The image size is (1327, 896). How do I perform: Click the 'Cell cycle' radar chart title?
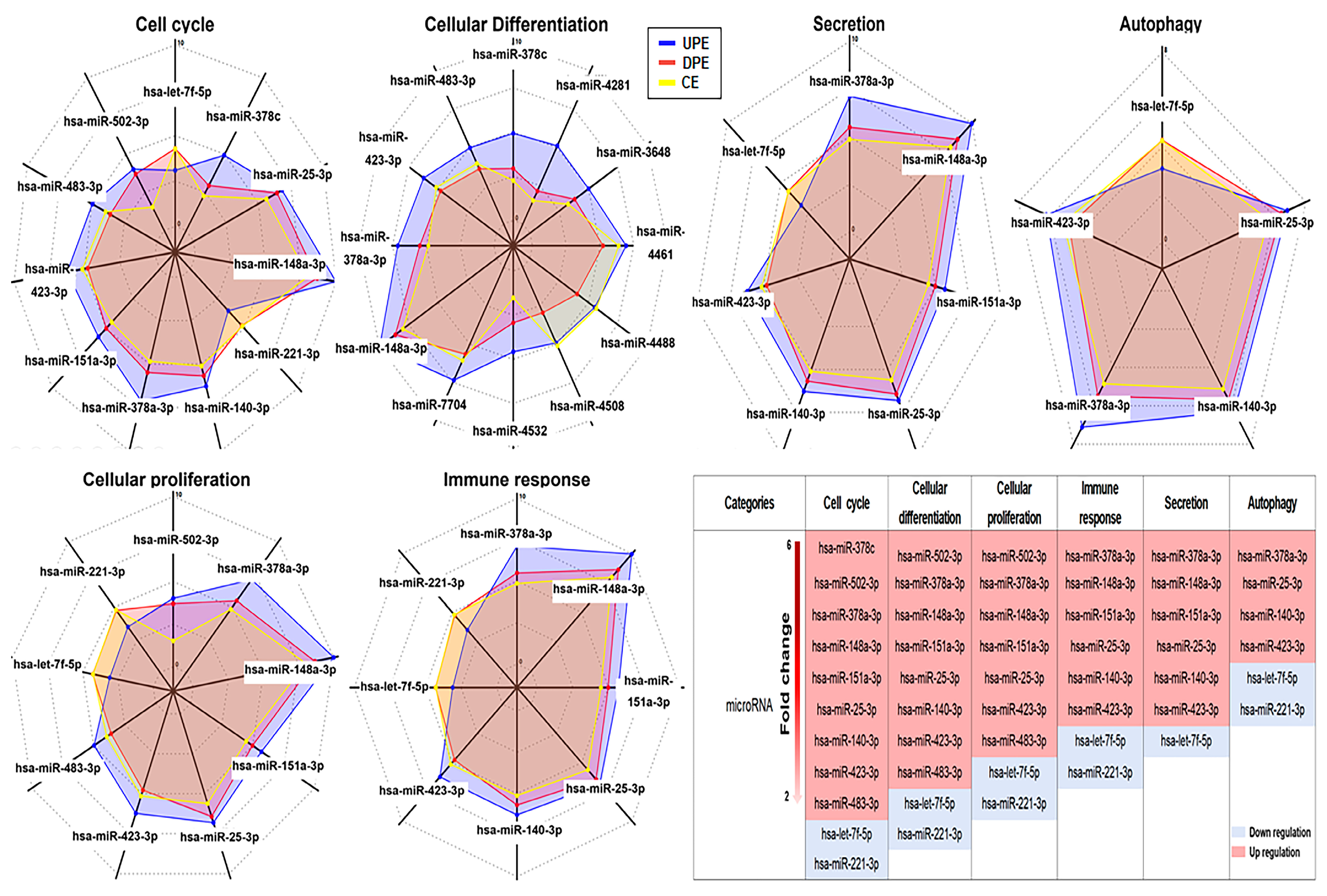tap(175, 24)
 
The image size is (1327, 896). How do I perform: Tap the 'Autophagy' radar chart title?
tap(1160, 24)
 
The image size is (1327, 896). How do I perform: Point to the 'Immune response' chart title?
tap(516, 480)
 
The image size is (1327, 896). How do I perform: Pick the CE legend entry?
tap(690, 82)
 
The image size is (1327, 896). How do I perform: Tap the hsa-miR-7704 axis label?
tap(429, 405)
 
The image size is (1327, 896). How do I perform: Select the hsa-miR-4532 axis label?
tap(509, 431)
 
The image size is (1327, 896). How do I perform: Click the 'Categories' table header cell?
tap(749, 503)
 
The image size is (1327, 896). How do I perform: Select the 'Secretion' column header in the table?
tap(1186, 503)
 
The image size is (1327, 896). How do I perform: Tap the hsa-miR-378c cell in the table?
tap(846, 548)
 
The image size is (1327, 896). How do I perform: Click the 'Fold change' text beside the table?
tap(785, 673)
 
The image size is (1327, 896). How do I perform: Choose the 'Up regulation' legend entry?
tap(1273, 852)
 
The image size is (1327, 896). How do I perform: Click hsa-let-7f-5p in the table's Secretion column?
tap(1186, 741)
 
